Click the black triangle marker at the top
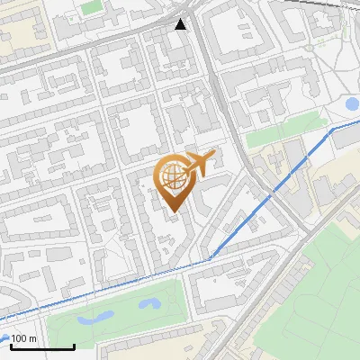182,24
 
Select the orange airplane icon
200,165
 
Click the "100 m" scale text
24,338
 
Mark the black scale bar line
42,346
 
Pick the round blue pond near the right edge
352,105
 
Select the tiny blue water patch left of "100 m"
4,338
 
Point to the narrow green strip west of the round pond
281,134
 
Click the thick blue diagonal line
270,198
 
